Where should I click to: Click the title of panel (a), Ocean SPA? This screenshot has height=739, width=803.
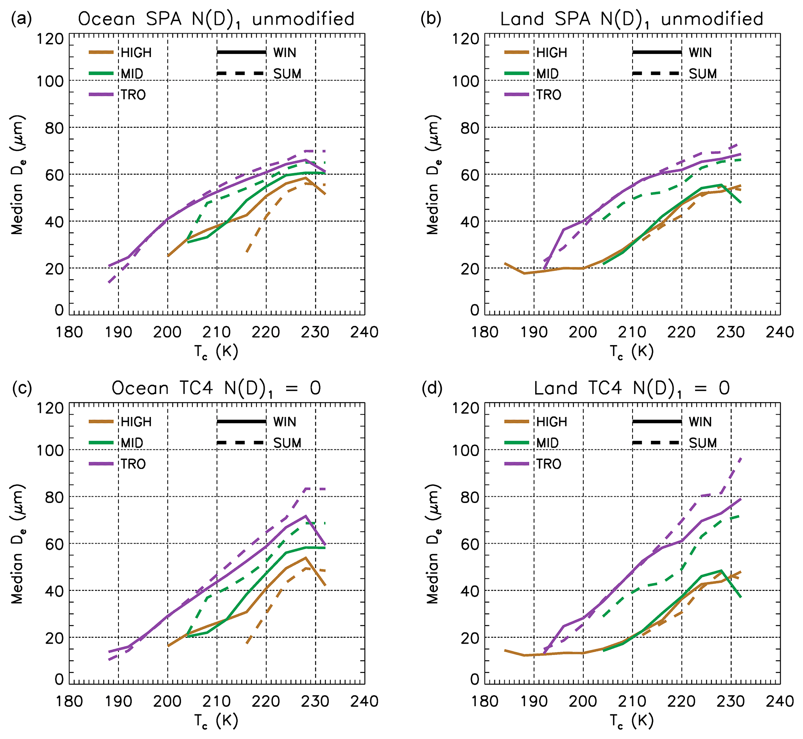[x=216, y=19]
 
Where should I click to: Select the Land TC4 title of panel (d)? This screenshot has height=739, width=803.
[x=632, y=388]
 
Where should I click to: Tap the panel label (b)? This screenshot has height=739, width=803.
[x=431, y=19]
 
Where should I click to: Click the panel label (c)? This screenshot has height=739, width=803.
[x=22, y=388]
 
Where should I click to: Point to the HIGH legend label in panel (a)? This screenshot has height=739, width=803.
[x=136, y=53]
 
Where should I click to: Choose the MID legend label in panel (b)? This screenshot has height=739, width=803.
[x=547, y=74]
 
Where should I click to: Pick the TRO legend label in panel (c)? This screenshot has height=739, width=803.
[x=133, y=464]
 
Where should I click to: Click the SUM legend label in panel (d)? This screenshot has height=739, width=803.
[x=703, y=443]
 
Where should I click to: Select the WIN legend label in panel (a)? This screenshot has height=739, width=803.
[x=285, y=53]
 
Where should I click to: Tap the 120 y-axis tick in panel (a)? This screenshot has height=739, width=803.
[x=50, y=39]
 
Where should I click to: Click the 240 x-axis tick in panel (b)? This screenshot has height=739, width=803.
[x=780, y=332]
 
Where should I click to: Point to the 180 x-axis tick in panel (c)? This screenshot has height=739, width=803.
[x=69, y=701]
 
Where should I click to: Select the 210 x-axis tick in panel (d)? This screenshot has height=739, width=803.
[x=633, y=701]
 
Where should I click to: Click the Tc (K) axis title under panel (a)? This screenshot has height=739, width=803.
[x=217, y=352]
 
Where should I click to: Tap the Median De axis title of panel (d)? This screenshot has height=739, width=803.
[x=433, y=544]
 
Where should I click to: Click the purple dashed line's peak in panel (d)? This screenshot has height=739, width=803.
[x=740, y=459]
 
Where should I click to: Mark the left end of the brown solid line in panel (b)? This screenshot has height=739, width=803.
[x=505, y=263]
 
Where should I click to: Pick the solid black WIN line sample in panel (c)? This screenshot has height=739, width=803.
[x=241, y=422]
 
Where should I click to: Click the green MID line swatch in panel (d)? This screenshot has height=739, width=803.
[x=516, y=443]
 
